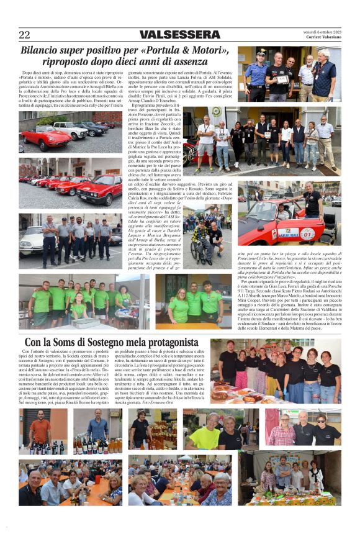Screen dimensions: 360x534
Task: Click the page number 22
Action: [24, 35]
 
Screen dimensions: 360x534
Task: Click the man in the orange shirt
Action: [40, 430]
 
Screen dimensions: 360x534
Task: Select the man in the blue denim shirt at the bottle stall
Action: [97, 428]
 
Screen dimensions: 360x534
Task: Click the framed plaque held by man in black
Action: [283, 79]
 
